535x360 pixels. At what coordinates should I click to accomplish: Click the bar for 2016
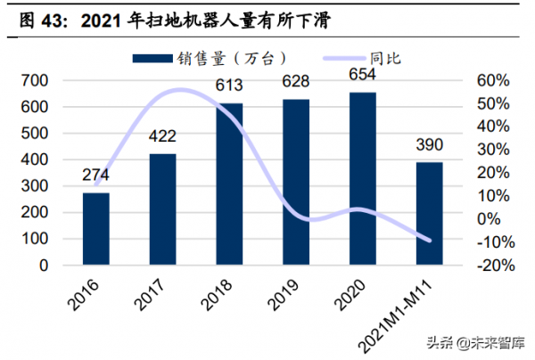tap(96, 229)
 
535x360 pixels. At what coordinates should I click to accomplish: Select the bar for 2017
tap(162, 209)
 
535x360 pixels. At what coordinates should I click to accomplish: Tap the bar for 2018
tap(230, 184)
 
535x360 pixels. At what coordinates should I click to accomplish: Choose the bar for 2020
tap(363, 178)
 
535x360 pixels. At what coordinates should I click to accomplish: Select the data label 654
tap(363, 78)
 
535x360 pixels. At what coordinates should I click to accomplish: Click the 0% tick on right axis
tap(487, 219)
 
